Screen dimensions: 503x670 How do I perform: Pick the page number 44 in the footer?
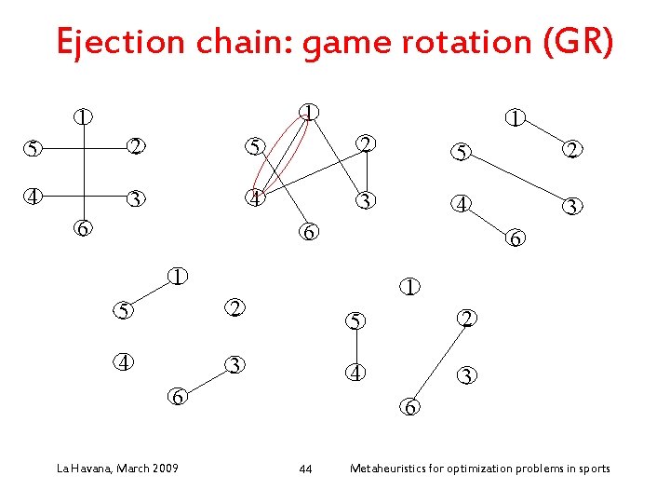(305, 469)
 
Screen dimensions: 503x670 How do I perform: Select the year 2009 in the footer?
(166, 468)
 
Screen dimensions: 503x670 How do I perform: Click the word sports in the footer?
(593, 468)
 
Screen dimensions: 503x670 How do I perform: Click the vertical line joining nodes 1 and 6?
(85, 172)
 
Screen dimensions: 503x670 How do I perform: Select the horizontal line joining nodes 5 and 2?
(84, 147)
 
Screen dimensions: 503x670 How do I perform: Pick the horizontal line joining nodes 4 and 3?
(84, 197)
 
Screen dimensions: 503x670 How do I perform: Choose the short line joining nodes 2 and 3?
(368, 172)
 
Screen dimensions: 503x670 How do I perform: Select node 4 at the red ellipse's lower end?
(251, 199)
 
